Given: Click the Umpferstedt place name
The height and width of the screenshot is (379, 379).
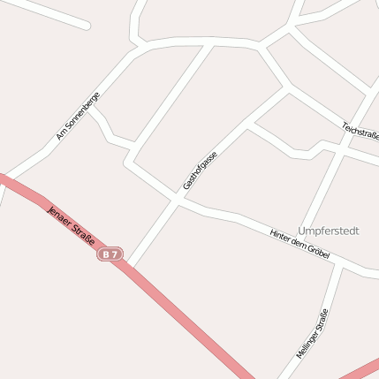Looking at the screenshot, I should coord(329,231).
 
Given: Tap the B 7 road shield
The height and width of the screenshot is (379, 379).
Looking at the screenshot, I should coord(110,254).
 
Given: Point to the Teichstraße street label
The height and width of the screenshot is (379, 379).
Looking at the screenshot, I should coord(360,131).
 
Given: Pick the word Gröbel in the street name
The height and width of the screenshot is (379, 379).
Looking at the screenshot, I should coord(317,252).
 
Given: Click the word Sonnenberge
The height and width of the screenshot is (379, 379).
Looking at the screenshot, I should coord(84,110).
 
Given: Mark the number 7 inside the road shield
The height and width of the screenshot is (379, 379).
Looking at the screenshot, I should coord(115,254).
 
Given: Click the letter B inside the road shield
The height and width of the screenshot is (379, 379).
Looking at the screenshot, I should coord(107,254).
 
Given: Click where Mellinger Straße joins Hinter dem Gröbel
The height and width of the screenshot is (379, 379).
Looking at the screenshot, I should coord(338,263).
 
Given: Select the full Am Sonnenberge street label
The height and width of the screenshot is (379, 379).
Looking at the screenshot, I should coord(78,117).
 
